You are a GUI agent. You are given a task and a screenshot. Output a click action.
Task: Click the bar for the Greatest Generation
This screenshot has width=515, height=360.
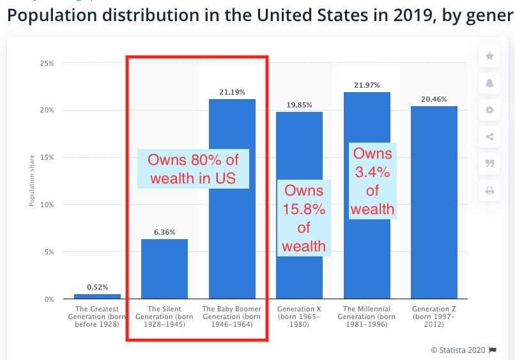97,296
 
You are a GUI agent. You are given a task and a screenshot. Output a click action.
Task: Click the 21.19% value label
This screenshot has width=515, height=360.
232,92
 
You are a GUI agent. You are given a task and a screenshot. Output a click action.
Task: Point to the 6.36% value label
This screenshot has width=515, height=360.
164,232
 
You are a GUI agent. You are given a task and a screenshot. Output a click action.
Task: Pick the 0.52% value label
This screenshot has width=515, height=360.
97,287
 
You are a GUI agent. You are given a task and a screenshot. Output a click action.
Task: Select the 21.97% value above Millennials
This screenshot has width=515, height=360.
367,85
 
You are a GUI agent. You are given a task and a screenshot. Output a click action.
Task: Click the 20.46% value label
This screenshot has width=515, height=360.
434,99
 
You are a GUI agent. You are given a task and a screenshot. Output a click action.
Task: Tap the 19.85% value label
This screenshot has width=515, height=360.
299,105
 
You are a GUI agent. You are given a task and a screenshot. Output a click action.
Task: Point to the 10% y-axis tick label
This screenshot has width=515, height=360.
48,205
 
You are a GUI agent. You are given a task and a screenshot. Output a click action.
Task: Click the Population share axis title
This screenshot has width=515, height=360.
31,181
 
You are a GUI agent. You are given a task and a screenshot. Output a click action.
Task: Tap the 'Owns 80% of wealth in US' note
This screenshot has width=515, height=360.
193,169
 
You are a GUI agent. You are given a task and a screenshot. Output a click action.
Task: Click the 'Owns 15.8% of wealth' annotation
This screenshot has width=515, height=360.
304,218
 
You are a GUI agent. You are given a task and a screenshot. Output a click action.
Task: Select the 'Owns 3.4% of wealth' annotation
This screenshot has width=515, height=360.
373,181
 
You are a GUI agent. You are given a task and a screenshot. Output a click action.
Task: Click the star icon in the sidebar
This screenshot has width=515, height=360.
489,56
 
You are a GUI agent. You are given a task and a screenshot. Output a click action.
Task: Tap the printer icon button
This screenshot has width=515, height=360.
489,191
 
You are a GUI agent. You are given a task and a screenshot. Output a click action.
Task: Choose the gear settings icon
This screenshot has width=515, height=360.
489,110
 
